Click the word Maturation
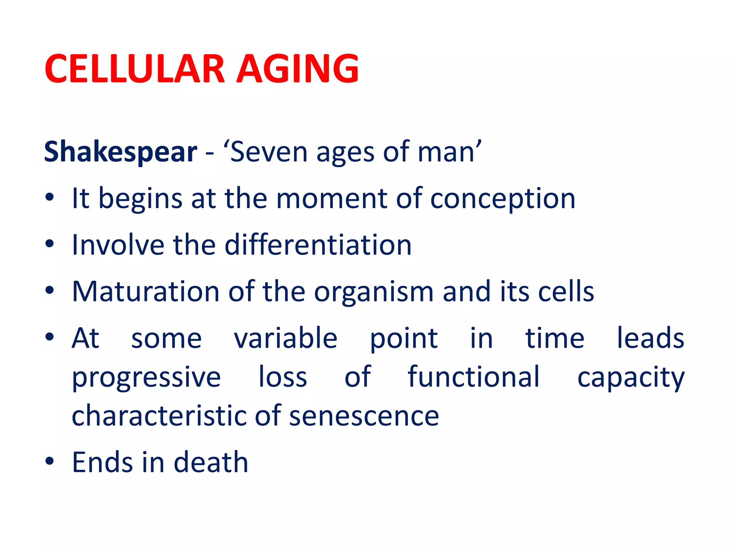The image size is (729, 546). pos(146,291)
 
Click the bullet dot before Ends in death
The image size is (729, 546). pos(49,461)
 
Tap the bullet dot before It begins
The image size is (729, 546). pos(49,197)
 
